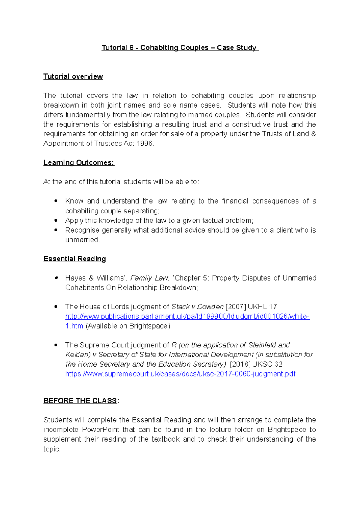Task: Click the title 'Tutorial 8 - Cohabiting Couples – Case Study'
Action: (180, 48)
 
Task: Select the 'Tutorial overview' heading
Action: (73, 76)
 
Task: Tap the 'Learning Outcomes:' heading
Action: (79, 162)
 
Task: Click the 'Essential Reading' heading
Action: (75, 259)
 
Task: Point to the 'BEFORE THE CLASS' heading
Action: (80, 401)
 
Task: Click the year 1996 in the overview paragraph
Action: (145, 144)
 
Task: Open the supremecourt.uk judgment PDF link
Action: (180, 374)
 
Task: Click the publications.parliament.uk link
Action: (187, 316)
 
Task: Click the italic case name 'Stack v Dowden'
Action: (197, 307)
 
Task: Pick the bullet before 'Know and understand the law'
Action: (56, 201)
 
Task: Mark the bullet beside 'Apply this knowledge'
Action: (56, 220)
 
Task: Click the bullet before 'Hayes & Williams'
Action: (56, 278)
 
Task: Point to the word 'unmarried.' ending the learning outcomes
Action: (82, 240)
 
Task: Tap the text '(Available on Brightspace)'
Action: (128, 326)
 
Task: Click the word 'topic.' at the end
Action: (52, 449)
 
